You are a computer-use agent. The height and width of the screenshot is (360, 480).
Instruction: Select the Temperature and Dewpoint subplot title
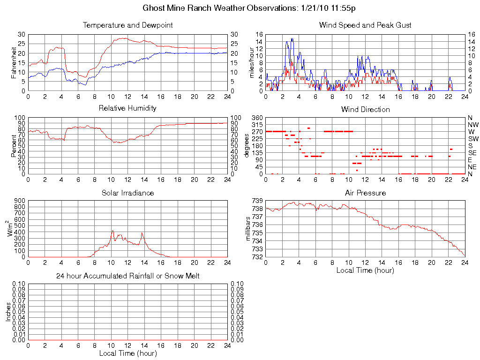coord(127,25)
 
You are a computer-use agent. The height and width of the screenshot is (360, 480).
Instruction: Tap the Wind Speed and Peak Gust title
coord(365,25)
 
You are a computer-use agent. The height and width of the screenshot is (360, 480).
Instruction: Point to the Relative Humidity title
coord(127,108)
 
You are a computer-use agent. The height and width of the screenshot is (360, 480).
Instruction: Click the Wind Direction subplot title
coord(365,110)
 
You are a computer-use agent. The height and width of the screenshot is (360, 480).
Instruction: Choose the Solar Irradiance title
coord(127,193)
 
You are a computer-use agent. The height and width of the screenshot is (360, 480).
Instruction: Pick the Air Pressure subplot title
coord(365,193)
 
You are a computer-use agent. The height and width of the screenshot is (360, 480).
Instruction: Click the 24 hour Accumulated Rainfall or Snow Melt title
coord(127,276)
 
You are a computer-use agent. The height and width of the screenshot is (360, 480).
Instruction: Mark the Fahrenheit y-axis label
coord(14,62)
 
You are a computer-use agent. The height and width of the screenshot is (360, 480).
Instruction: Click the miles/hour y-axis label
coord(252,62)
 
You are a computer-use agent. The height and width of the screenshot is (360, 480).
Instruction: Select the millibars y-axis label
coord(248,229)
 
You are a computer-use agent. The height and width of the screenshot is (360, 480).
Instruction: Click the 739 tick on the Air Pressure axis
coord(257,201)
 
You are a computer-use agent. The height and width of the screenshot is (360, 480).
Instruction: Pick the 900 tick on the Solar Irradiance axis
coord(20,201)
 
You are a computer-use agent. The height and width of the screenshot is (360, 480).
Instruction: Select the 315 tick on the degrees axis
coord(257,125)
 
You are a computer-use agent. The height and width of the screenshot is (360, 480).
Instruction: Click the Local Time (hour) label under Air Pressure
coord(365,270)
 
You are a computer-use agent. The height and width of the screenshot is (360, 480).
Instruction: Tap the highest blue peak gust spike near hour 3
coord(292,38)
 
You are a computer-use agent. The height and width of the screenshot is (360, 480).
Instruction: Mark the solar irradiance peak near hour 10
coord(112,231)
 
